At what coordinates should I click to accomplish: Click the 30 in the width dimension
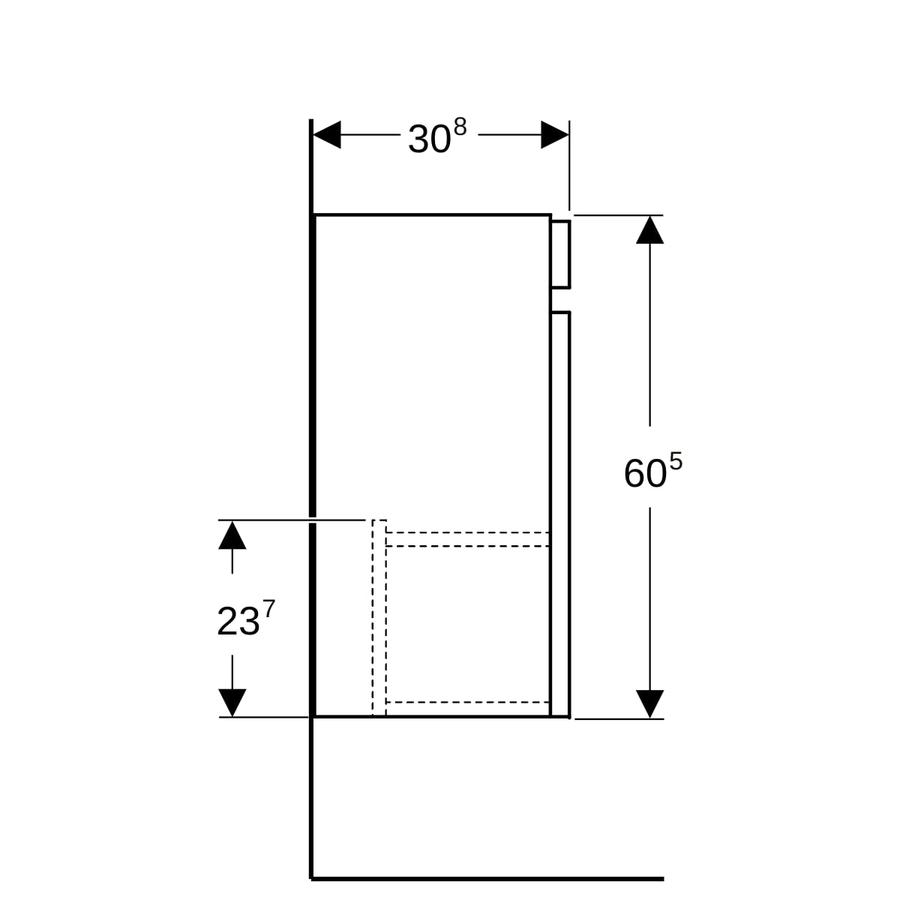pyautogui.click(x=429, y=139)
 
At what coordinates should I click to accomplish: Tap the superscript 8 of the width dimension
pyautogui.click(x=460, y=127)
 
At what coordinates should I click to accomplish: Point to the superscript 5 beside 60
pyautogui.click(x=676, y=462)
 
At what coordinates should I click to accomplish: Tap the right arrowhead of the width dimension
pyautogui.click(x=554, y=135)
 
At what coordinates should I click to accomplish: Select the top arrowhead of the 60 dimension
pyautogui.click(x=650, y=230)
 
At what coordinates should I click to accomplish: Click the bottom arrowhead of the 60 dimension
pyautogui.click(x=650, y=704)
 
